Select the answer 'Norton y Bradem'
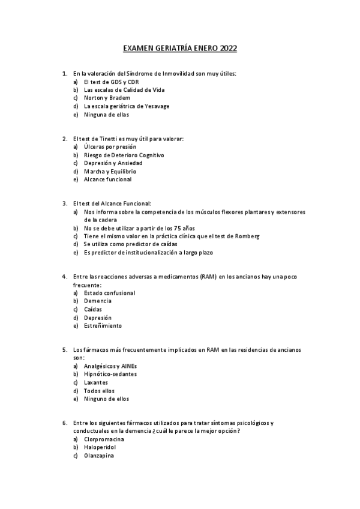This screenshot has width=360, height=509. pyautogui.click(x=107, y=98)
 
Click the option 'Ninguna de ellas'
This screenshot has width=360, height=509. pyautogui.click(x=107, y=114)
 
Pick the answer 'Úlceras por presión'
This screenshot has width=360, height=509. pyautogui.click(x=110, y=146)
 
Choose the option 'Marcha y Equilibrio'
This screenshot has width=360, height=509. pyautogui.click(x=110, y=171)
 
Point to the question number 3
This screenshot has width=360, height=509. pyautogui.click(x=65, y=203)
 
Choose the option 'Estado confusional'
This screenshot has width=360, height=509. pyautogui.click(x=110, y=293)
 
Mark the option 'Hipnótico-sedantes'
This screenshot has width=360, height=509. pyautogui.click(x=110, y=374)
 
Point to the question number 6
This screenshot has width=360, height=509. pyautogui.click(x=65, y=423)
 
